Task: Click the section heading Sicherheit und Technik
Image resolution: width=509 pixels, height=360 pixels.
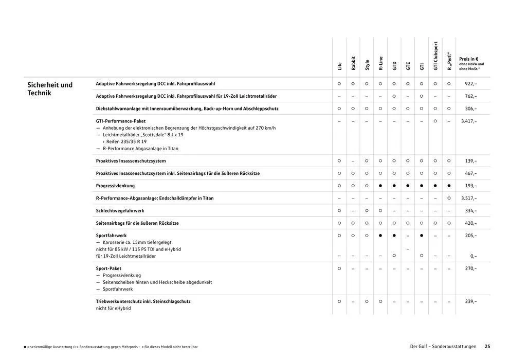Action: click(50, 88)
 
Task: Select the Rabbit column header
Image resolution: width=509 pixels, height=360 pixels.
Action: click(353, 63)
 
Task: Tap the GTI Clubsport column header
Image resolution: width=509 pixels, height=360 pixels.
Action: click(435, 56)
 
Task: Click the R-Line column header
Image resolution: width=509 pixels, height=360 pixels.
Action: click(380, 63)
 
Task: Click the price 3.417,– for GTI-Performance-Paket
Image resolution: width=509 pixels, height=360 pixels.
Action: click(468, 121)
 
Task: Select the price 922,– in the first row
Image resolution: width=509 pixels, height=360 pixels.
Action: click(470, 83)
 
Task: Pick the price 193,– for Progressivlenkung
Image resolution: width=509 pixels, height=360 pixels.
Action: click(470, 186)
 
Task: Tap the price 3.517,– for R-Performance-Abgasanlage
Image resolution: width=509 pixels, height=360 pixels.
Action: click(468, 198)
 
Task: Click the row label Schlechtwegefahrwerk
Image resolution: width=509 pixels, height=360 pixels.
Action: click(120, 211)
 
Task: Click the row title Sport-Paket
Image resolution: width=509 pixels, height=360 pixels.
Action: click(108, 268)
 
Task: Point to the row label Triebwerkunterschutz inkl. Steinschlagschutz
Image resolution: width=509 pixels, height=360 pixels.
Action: click(143, 301)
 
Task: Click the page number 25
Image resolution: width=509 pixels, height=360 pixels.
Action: click(487, 347)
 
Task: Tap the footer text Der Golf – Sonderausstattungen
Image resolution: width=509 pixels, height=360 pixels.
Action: click(443, 347)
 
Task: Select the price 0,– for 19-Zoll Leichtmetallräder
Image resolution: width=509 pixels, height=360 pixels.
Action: click(473, 256)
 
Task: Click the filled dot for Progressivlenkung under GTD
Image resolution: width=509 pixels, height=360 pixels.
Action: click(394, 186)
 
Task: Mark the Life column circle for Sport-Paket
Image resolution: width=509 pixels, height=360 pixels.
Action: click(339, 268)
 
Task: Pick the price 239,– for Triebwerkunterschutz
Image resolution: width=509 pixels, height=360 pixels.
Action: click(470, 301)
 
